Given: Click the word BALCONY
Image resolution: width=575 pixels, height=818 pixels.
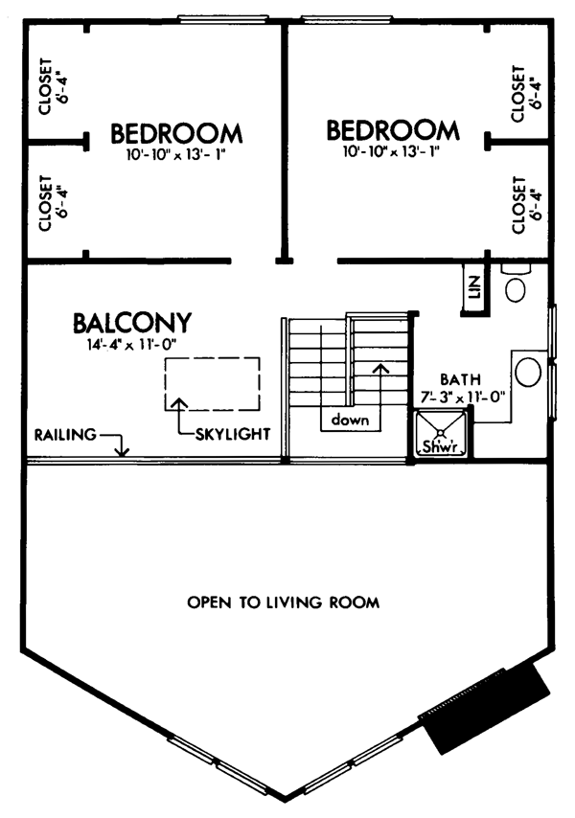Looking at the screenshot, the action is (x=132, y=323).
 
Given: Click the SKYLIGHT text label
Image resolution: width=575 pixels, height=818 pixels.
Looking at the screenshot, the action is (x=233, y=434).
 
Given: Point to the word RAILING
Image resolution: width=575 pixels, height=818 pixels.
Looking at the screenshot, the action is (x=66, y=435).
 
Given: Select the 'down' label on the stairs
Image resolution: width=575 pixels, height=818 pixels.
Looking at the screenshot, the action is (x=350, y=420).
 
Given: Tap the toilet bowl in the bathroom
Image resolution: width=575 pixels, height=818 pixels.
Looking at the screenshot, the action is (x=516, y=289).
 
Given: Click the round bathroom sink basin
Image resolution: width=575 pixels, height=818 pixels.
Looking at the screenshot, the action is (x=528, y=371).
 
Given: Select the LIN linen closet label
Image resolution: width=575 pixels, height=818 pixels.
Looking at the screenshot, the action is (x=474, y=287).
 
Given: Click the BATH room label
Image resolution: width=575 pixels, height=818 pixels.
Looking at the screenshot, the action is (x=460, y=379).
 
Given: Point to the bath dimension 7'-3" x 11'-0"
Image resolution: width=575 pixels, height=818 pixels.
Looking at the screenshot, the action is (x=463, y=398).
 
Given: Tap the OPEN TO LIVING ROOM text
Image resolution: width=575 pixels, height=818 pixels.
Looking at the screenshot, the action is (x=284, y=603).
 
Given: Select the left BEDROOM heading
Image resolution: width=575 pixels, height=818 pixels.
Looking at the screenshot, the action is (x=176, y=134).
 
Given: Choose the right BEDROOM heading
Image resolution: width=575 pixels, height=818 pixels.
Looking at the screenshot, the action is (x=393, y=131).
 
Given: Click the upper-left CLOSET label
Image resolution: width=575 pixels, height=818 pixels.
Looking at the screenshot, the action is (x=46, y=86).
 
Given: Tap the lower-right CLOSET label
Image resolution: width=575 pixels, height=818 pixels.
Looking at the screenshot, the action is (x=518, y=206).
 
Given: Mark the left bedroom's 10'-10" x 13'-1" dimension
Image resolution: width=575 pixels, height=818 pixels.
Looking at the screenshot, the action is (x=177, y=155).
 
